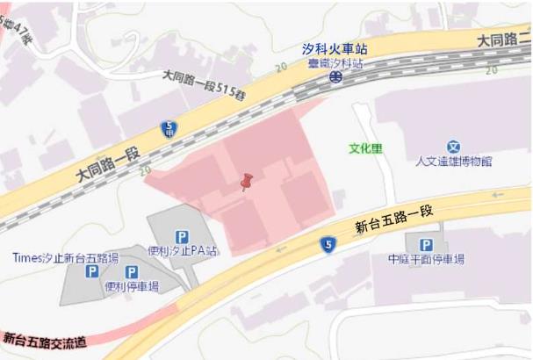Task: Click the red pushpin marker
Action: click(x=247, y=182)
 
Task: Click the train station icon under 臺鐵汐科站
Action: click(x=335, y=77)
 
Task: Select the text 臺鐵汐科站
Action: click(x=335, y=64)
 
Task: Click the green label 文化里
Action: click(x=365, y=148)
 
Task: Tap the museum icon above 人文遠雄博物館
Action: click(x=453, y=147)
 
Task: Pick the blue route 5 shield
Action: click(x=328, y=244)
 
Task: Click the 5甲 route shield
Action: click(x=169, y=128)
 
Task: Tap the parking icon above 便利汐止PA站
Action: click(x=182, y=236)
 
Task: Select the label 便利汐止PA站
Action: click(x=183, y=251)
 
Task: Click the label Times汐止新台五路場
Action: click(x=65, y=258)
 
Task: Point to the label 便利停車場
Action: click(x=132, y=286)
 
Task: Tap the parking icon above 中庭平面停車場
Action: click(x=426, y=245)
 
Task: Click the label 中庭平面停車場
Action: click(x=426, y=260)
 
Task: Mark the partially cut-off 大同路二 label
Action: click(x=503, y=39)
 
